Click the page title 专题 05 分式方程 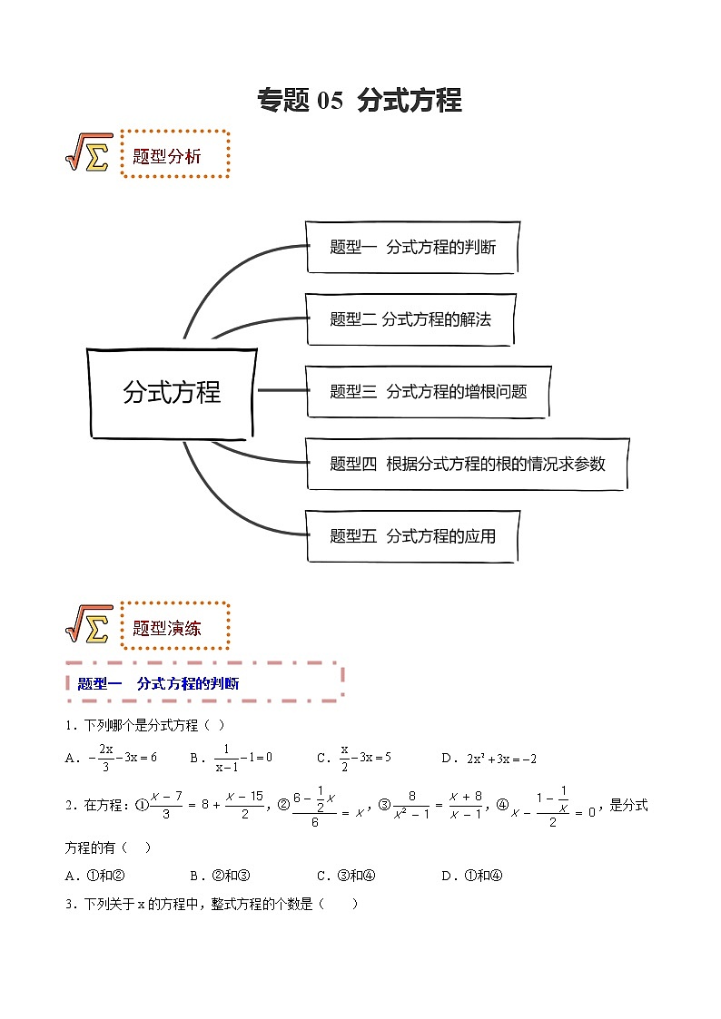point(360,100)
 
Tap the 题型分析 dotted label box point(174,155)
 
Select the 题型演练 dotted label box point(174,627)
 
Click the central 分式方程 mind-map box point(172,392)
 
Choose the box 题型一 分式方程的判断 point(412,247)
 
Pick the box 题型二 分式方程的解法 point(410,318)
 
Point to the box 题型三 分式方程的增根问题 point(427,391)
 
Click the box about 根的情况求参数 point(467,464)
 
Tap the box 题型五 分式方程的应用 point(412,536)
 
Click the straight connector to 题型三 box point(281,390)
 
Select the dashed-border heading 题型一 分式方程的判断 point(203,683)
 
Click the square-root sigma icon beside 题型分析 point(89,153)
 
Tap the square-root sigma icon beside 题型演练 point(89,625)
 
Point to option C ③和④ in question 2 point(346,876)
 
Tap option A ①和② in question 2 point(94,876)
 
